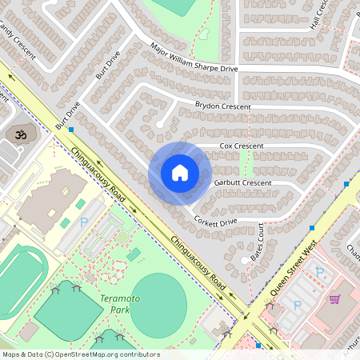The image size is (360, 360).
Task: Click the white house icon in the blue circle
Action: [180, 173]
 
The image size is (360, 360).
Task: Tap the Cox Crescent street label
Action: [242, 146]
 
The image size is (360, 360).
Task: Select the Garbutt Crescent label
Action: [243, 183]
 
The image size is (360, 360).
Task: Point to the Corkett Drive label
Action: [216, 220]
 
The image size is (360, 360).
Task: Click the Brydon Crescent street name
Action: [223, 106]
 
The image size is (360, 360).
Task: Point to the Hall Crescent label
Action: [320, 14]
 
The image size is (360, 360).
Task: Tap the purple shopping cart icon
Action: [335, 298]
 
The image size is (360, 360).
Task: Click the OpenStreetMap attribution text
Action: [81, 354]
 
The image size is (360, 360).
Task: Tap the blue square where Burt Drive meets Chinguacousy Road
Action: [71, 129]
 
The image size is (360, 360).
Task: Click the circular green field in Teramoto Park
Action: [158, 305]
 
